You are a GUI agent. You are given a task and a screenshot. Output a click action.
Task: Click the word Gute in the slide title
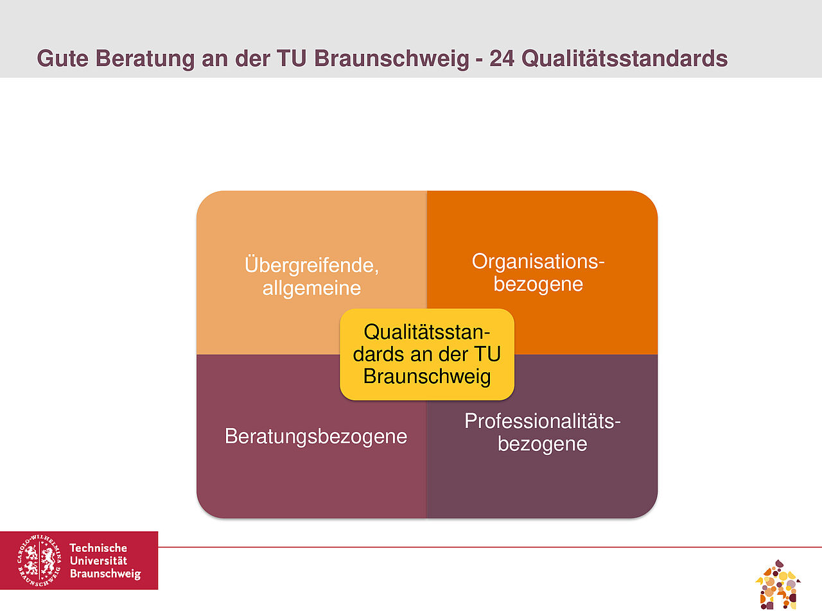62,59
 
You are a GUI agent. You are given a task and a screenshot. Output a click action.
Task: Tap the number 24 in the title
502,59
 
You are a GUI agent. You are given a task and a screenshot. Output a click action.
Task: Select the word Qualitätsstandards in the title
625,59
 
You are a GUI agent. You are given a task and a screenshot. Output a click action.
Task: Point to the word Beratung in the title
145,60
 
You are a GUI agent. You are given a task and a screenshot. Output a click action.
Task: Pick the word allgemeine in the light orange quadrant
311,288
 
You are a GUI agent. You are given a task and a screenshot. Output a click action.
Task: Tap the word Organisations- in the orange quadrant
538,262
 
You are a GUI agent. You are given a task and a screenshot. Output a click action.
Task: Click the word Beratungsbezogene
316,436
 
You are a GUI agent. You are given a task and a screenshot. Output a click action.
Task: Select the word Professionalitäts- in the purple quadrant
542,421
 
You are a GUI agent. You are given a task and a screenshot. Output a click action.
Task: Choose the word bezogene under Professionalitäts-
542,444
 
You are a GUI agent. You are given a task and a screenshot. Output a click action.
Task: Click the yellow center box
427,354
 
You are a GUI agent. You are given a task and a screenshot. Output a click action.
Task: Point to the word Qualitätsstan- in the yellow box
427,332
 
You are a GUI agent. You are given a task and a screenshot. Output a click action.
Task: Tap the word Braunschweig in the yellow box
427,376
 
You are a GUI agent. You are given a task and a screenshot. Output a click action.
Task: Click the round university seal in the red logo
39,560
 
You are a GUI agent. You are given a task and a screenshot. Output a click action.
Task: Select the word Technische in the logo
98,548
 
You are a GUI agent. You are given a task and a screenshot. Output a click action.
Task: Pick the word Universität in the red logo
98,561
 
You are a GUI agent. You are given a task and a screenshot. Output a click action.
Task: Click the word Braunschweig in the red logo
105,574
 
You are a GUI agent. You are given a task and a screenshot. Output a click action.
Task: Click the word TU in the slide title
292,59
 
